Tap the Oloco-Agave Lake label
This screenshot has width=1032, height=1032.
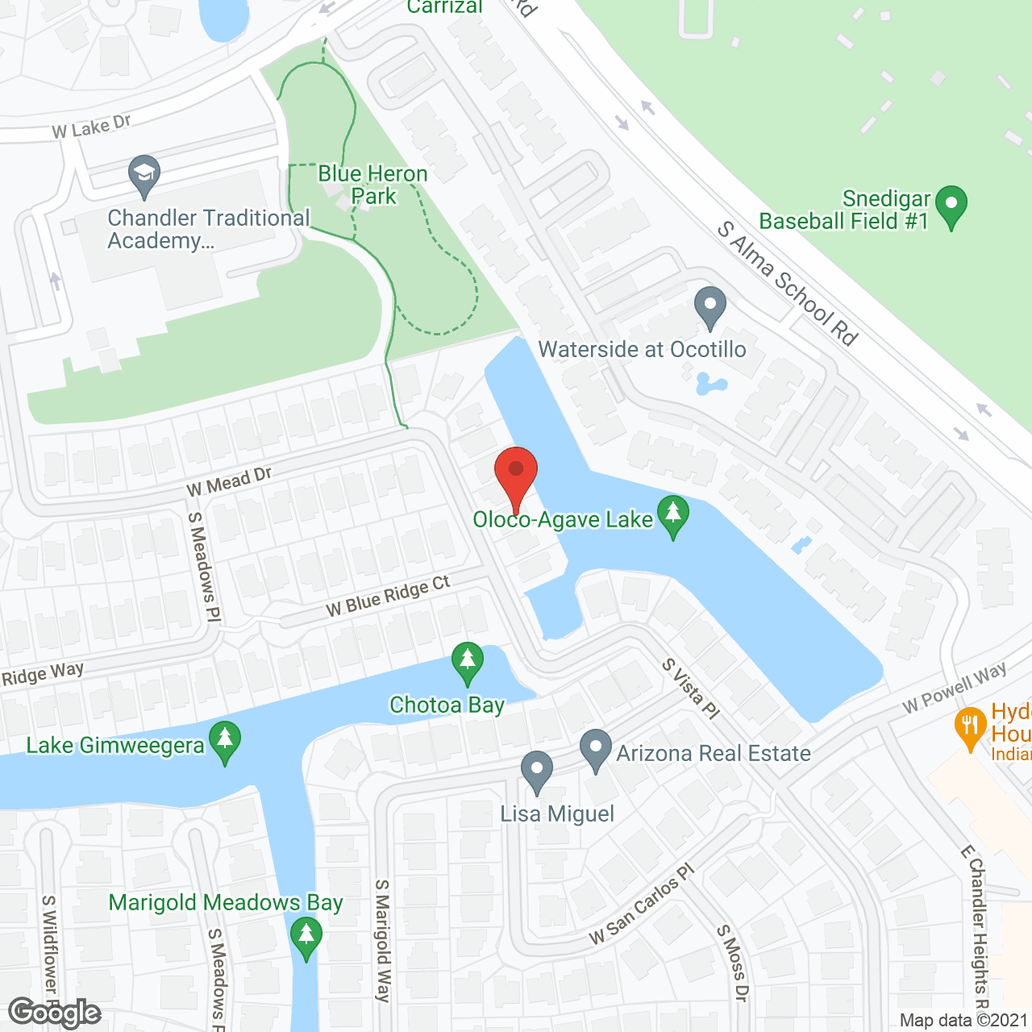tap(562, 520)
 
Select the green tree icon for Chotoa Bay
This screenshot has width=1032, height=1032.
tap(467, 664)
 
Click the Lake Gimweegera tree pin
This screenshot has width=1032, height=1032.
tap(225, 742)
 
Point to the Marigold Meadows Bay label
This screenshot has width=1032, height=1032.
tap(226, 903)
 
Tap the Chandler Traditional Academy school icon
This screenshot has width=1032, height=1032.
tap(144, 176)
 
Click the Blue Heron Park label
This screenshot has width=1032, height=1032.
tap(373, 185)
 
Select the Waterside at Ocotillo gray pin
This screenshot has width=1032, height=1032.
tap(710, 307)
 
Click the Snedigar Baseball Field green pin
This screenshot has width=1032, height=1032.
tap(951, 206)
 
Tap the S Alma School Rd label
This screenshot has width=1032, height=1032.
tap(788, 284)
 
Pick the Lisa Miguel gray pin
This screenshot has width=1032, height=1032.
tap(536, 772)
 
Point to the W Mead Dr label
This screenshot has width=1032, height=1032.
tap(229, 482)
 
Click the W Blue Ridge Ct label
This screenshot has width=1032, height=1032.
tap(388, 597)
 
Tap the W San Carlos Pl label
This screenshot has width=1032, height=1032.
tap(642, 905)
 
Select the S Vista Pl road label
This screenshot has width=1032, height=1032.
tap(691, 689)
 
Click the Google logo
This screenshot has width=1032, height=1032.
tap(55, 1013)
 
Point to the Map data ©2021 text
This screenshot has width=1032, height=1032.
tap(964, 1020)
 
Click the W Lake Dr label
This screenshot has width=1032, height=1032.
tap(91, 127)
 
